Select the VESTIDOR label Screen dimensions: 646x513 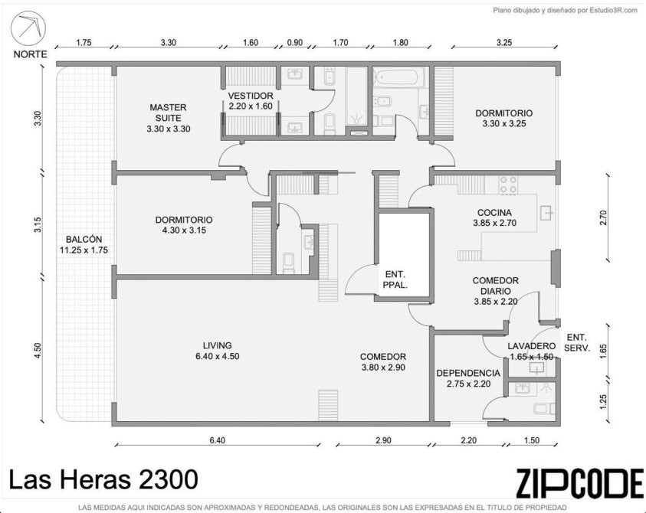(x=251, y=96)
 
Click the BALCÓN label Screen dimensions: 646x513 (x=84, y=239)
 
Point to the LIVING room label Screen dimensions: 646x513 (x=217, y=345)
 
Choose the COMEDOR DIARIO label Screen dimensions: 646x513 (x=495, y=286)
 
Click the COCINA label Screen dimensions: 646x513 (x=494, y=212)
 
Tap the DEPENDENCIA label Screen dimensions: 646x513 (x=468, y=373)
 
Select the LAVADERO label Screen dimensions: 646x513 (x=531, y=346)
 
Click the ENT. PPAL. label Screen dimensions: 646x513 (x=395, y=279)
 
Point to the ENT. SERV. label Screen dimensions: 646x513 (x=577, y=342)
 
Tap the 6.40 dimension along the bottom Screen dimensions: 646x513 (x=218, y=440)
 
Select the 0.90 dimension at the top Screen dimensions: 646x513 (x=294, y=42)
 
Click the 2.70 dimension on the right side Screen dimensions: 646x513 (x=603, y=217)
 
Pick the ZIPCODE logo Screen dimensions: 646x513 (x=579, y=482)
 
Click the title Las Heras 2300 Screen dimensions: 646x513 (x=103, y=479)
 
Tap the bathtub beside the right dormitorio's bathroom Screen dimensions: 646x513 (x=398, y=77)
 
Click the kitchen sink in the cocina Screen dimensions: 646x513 (x=547, y=212)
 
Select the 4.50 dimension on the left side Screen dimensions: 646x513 (x=38, y=351)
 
